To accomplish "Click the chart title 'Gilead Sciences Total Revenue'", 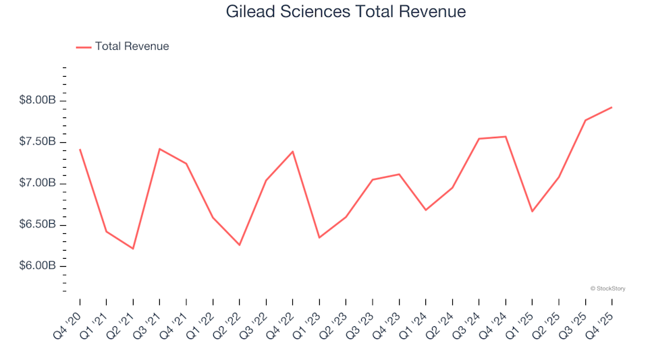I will coord(346,12).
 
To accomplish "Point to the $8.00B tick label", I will coord(38,100).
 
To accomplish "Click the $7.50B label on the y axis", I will coord(38,142).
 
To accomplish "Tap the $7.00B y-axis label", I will coord(38,183).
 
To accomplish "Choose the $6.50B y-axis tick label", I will coord(38,224).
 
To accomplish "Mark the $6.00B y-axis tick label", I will coord(38,266).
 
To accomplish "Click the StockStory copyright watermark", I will coord(607,289).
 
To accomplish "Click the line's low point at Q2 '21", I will coord(133,249).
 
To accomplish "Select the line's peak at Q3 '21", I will coord(159,149).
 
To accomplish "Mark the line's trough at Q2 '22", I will coord(239,245).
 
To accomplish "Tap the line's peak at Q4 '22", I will coord(292,152).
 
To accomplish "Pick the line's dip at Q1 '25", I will coord(532,212).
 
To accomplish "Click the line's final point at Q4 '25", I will coord(612,107).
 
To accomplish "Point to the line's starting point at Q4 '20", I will coord(80,150).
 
